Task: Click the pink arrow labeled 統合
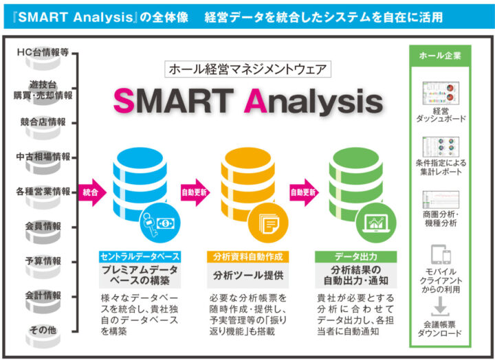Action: [x=92, y=192]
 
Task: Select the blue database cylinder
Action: [x=140, y=183]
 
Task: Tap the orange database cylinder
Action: [x=247, y=183]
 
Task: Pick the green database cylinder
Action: [x=356, y=183]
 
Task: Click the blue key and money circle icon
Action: [x=160, y=223]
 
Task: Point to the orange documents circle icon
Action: [x=268, y=223]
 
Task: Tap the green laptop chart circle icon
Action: [x=376, y=223]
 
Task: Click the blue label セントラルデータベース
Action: [x=140, y=257]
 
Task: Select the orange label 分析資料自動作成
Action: [x=247, y=257]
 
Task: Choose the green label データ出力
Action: [x=356, y=257]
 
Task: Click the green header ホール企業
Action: [x=440, y=56]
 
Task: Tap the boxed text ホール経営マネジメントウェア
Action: [x=247, y=69]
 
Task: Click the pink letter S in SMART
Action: [x=124, y=100]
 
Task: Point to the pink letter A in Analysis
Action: [x=256, y=100]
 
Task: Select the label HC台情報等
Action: [x=43, y=52]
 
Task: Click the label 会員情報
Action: [x=43, y=226]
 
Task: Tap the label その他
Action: [x=43, y=330]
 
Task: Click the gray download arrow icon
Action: [x=441, y=306]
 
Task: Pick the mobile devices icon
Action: [x=441, y=254]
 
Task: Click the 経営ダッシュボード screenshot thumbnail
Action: [x=441, y=93]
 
